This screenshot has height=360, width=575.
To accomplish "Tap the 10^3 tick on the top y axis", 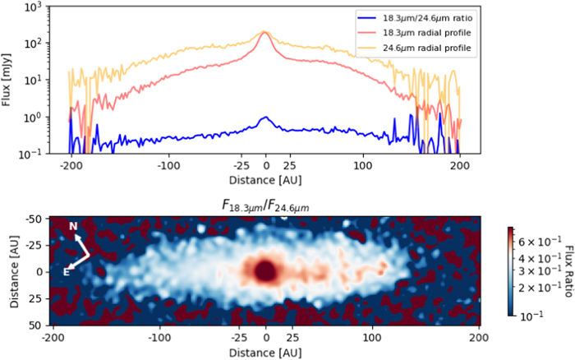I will tap(35, 7).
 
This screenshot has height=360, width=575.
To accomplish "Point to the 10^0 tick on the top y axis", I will tap(35, 118).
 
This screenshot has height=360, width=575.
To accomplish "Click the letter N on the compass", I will tap(73, 226).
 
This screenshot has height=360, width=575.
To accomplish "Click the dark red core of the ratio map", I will tap(265, 270).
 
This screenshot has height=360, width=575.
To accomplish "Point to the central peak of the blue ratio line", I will tap(265, 118).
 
